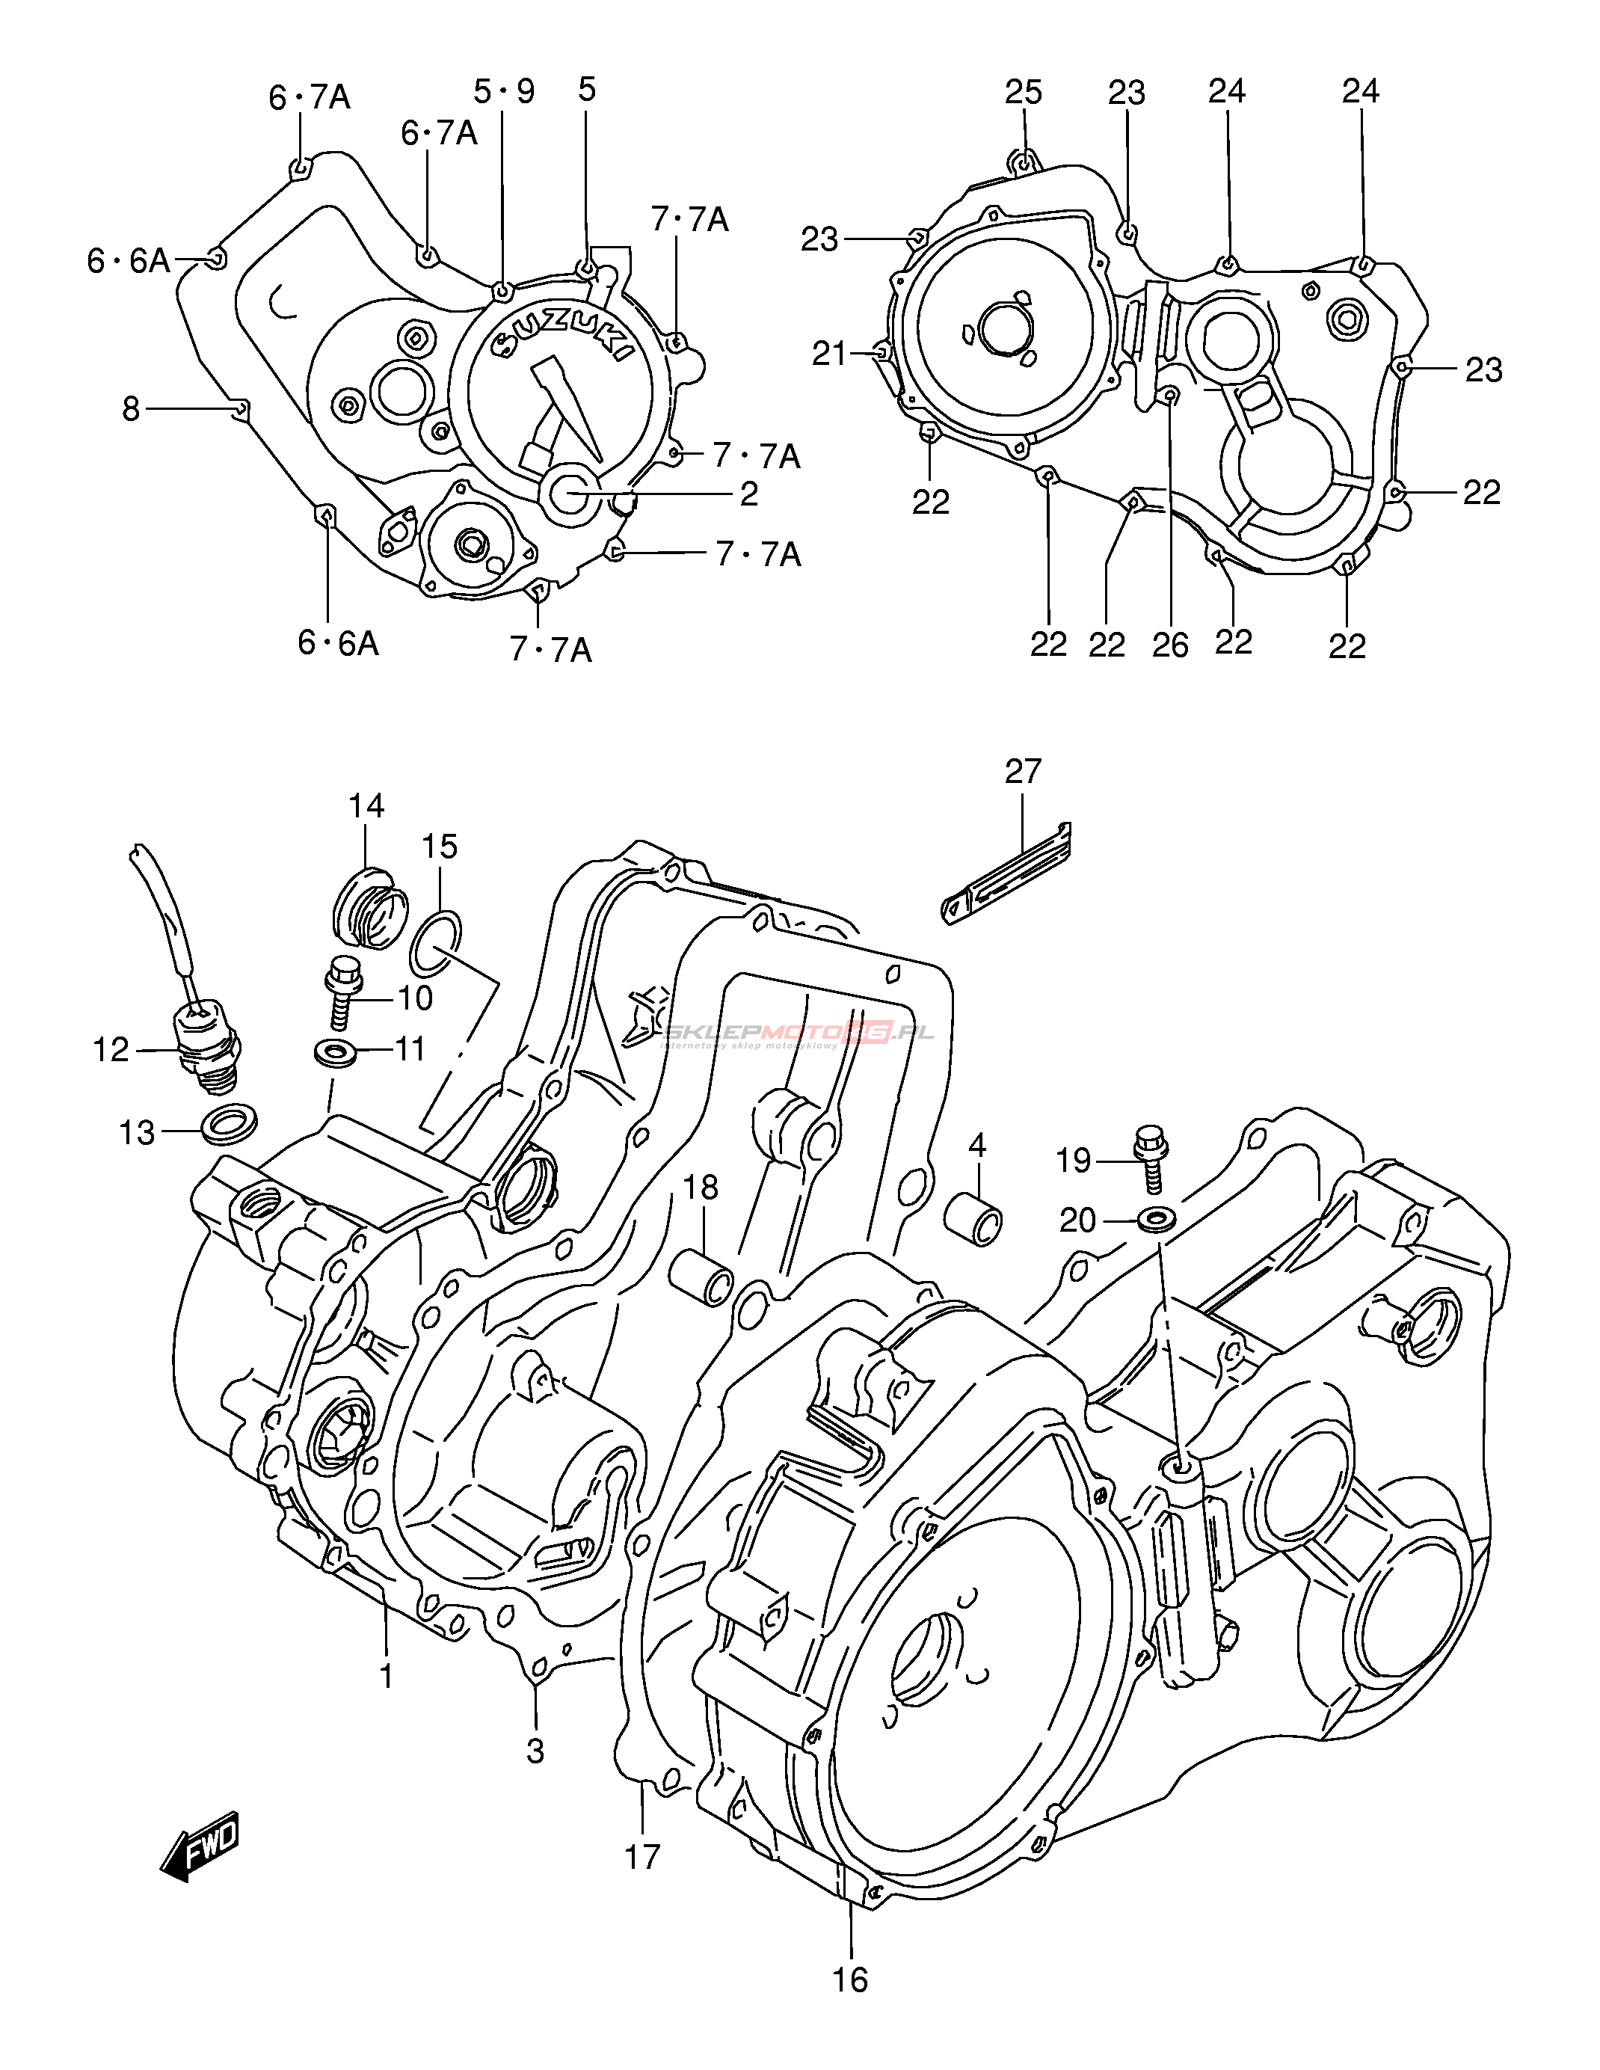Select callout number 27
pyautogui.click(x=1023, y=772)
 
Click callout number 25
pyautogui.click(x=1024, y=92)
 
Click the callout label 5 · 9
pyautogui.click(x=504, y=91)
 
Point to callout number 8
pyautogui.click(x=130, y=408)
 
